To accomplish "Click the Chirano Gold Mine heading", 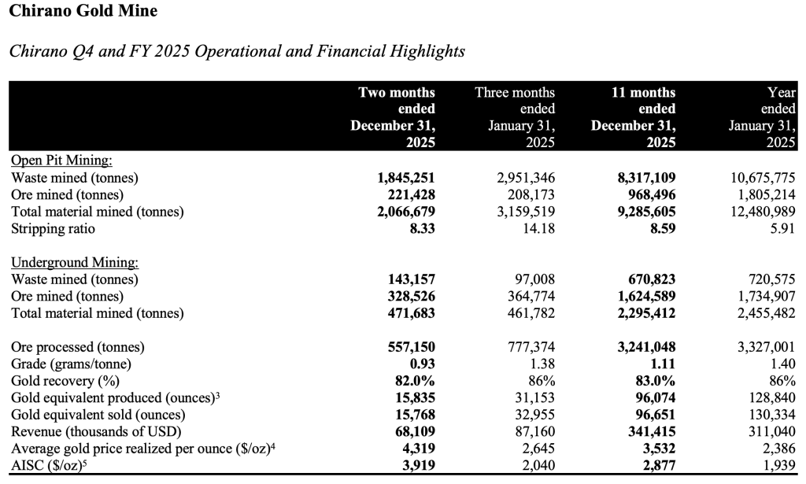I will pyautogui.click(x=83, y=11).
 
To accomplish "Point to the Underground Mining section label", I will pyautogui.click(x=76, y=262).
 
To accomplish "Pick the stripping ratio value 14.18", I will pyautogui.click(x=537, y=228).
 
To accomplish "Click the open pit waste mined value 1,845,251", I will pyautogui.click(x=407, y=178).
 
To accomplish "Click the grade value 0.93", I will pyautogui.click(x=420, y=364).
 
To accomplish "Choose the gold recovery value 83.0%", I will pyautogui.click(x=655, y=381).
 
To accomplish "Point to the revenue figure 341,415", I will pyautogui.click(x=649, y=431).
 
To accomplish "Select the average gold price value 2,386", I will pyautogui.click(x=776, y=449).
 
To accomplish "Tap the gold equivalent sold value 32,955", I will pyautogui.click(x=534, y=415).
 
